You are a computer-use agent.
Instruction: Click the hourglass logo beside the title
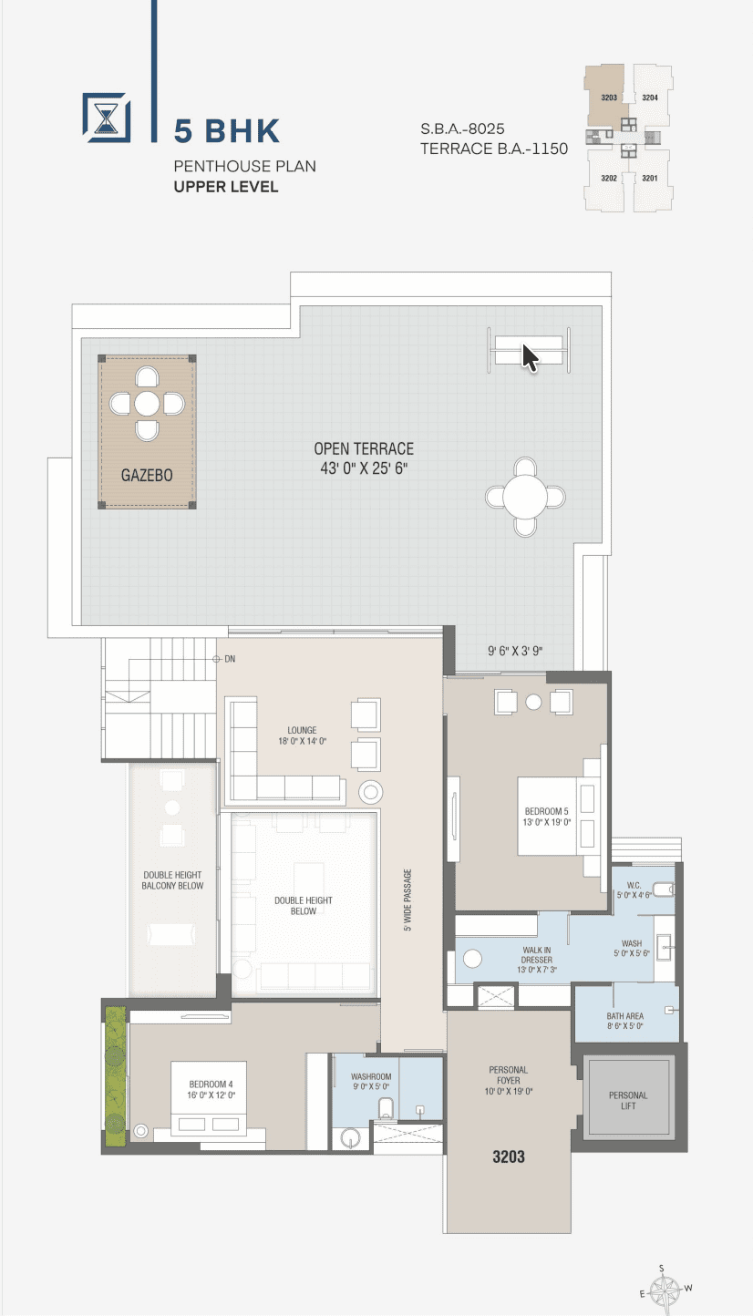point(107,118)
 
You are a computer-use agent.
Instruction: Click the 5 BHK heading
point(227,131)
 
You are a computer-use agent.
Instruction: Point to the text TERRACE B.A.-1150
point(494,149)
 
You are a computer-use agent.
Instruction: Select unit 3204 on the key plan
point(650,98)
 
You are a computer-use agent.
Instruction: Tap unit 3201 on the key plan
point(650,178)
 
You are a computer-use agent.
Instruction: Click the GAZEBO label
point(147,475)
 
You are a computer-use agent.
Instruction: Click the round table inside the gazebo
point(147,404)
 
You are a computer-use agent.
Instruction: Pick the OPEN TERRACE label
point(364,449)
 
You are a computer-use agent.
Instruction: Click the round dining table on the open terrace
point(525,497)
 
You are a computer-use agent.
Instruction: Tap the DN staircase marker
point(225,659)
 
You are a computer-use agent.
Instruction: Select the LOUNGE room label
point(302,730)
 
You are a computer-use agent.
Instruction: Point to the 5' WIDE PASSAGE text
point(407,900)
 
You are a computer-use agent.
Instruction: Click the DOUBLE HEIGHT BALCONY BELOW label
point(172,880)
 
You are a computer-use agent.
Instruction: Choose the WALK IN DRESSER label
point(537,955)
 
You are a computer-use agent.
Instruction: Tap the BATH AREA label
point(624,1016)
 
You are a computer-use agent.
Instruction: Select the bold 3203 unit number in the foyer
point(509,1157)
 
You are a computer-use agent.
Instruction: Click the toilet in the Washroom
point(386,1108)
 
